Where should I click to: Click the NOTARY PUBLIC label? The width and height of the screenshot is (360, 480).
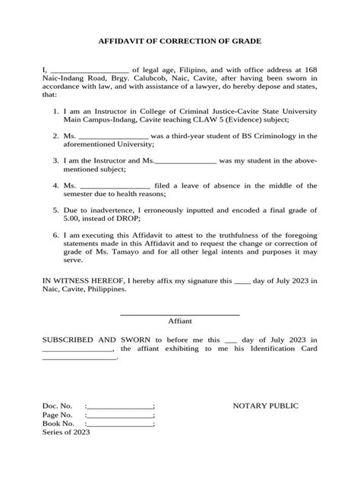265,406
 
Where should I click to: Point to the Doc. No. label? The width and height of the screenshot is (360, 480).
57,406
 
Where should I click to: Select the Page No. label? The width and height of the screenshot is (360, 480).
58,415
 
